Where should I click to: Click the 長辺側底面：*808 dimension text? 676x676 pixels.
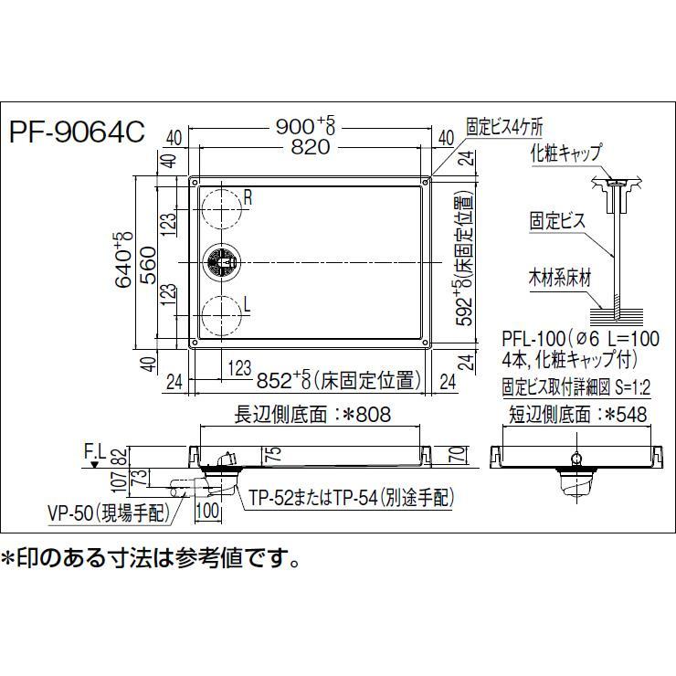point(313,415)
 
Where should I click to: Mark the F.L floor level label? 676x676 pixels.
point(94,450)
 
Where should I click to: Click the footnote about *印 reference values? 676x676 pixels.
point(150,555)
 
